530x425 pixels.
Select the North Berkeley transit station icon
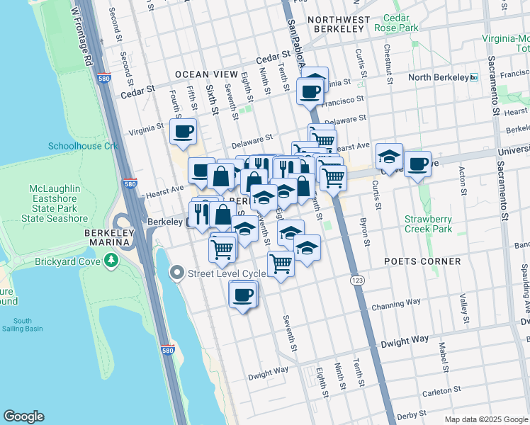tap(474, 77)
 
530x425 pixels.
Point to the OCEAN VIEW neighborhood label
tap(202, 74)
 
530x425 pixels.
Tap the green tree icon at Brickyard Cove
tap(111, 261)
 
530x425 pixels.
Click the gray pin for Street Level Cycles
tap(176, 273)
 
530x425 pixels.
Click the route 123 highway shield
tap(356, 281)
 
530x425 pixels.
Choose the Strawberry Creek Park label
tap(428, 224)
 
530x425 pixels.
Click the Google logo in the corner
tap(23, 416)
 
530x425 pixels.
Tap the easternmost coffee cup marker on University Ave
tap(417, 163)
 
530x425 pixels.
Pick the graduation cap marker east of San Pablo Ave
tap(389, 156)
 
